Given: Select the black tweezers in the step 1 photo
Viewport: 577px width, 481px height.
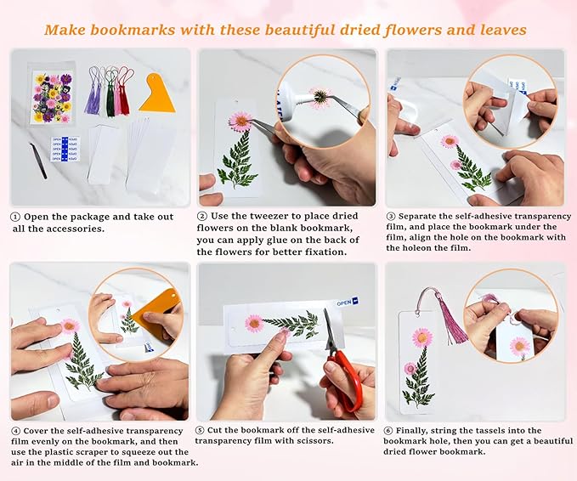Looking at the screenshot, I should click(x=38, y=159).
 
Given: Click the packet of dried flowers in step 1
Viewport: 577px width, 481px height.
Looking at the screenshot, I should click(x=53, y=98).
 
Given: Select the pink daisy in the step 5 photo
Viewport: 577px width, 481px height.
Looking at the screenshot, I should click(x=253, y=323).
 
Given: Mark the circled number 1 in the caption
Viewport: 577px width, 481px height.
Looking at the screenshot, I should click(x=15, y=217).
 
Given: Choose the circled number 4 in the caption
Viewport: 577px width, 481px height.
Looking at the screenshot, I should click(x=15, y=429).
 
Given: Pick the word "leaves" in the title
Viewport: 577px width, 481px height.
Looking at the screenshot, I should click(x=496, y=30).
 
